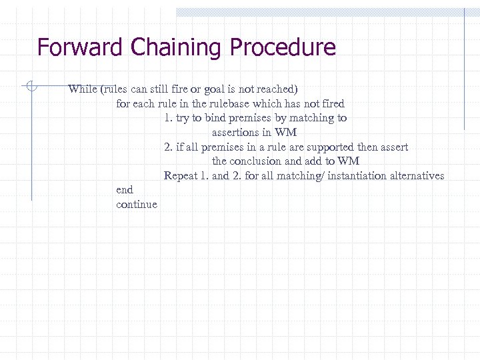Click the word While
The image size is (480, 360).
82,89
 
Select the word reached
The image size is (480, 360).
279,89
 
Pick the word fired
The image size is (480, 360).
332,104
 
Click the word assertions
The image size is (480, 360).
237,133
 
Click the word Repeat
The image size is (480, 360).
181,176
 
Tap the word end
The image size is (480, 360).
125,190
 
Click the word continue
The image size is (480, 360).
137,205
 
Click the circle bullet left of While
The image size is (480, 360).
30,85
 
